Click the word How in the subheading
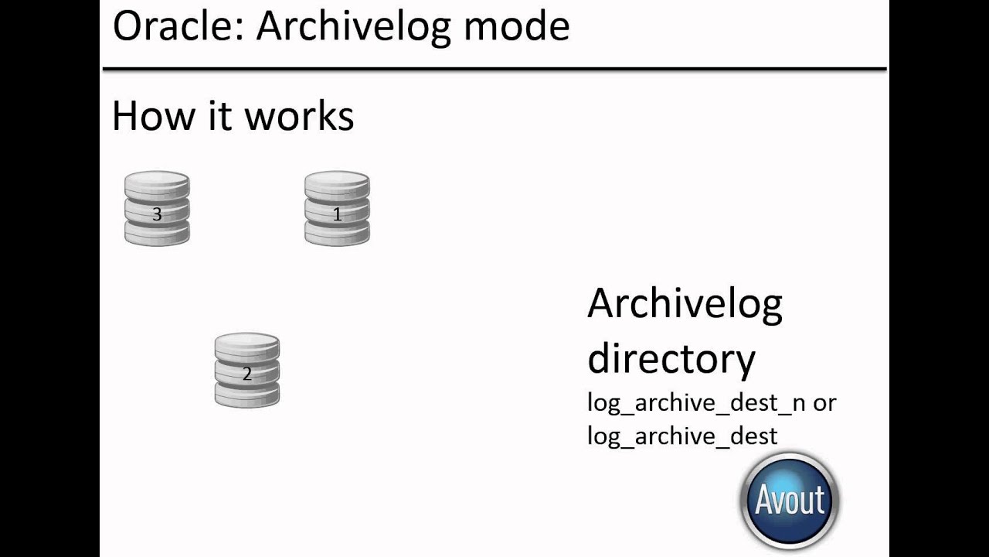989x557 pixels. pyautogui.click(x=152, y=116)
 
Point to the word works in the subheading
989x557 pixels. pyautogui.click(x=299, y=116)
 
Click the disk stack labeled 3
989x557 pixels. pyautogui.click(x=157, y=209)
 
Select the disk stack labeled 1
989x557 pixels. pyautogui.click(x=337, y=209)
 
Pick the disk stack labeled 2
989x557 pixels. pyautogui.click(x=247, y=370)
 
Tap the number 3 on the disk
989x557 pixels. pyautogui.click(x=157, y=214)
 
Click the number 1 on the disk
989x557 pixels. pyautogui.click(x=337, y=214)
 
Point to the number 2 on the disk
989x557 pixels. pyautogui.click(x=247, y=374)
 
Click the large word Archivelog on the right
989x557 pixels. pyautogui.click(x=685, y=305)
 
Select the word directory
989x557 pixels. pyautogui.click(x=671, y=357)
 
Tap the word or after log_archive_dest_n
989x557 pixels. pyautogui.click(x=824, y=403)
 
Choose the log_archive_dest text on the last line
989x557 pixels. pyautogui.click(x=682, y=436)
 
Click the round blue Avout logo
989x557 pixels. pyautogui.click(x=789, y=500)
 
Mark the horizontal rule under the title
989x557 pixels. pyautogui.click(x=494, y=70)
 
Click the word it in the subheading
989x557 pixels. pyautogui.click(x=220, y=116)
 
